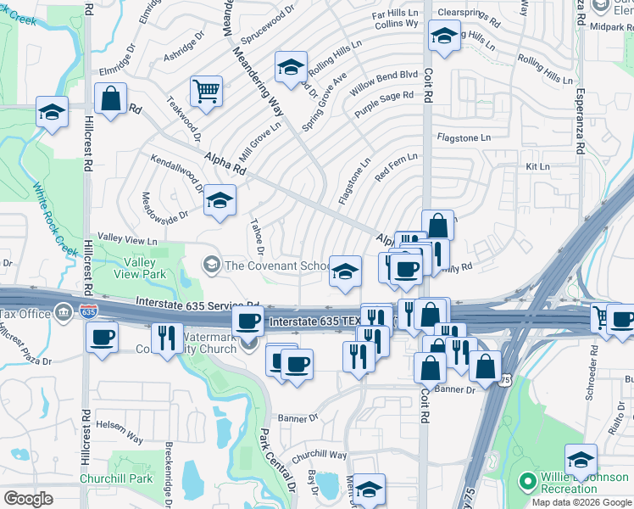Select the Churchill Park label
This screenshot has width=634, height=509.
click(x=116, y=478)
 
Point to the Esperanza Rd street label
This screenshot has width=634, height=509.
click(x=581, y=120)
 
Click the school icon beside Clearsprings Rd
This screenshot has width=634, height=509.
click(x=443, y=37)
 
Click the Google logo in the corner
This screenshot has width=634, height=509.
click(x=29, y=498)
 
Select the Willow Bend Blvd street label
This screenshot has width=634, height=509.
click(x=384, y=81)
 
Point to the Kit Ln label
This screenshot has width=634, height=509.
click(x=538, y=167)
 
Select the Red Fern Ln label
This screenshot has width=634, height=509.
click(x=396, y=166)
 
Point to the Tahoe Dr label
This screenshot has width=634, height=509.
click(x=256, y=238)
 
